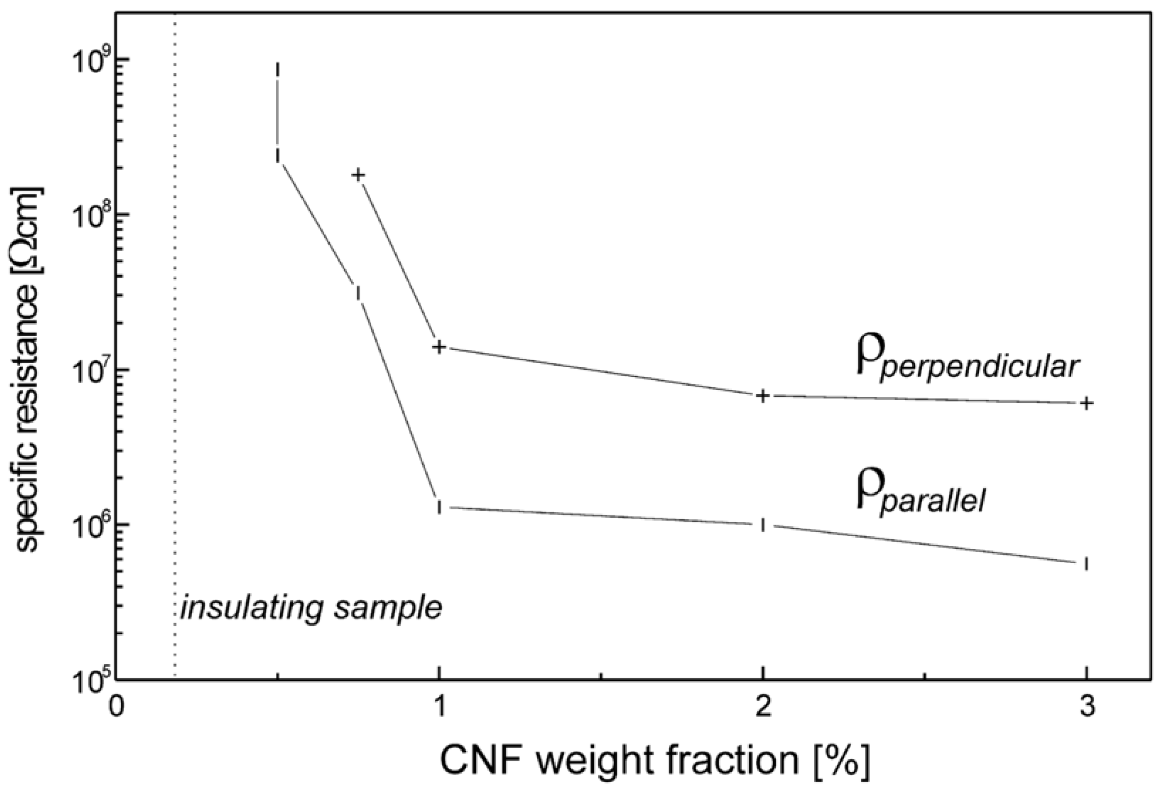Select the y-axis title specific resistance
pyautogui.click(x=30, y=370)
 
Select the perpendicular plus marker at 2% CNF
pyautogui.click(x=763, y=396)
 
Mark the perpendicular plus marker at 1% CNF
pyautogui.click(x=439, y=347)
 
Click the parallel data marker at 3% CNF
pyautogui.click(x=1086, y=563)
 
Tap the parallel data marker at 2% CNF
pyautogui.click(x=763, y=525)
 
